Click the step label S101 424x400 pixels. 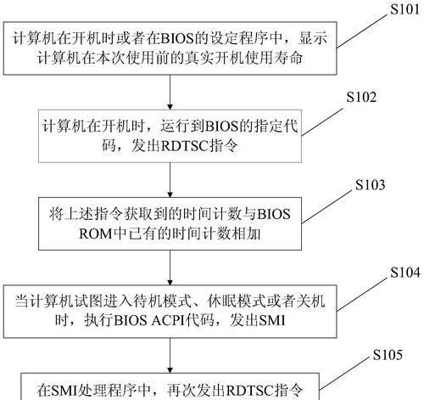(405, 9)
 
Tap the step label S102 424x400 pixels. (361, 97)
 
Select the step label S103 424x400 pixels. (370, 185)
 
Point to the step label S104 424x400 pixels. (405, 273)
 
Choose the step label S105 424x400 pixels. (388, 355)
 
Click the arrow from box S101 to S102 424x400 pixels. (170, 93)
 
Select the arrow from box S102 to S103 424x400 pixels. (170, 180)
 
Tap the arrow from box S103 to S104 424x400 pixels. (170, 268)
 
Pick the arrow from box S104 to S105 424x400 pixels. (170, 356)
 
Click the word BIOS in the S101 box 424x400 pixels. (177, 38)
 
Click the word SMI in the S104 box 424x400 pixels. (272, 321)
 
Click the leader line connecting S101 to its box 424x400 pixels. (361, 31)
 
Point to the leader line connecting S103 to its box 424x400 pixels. (326, 206)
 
